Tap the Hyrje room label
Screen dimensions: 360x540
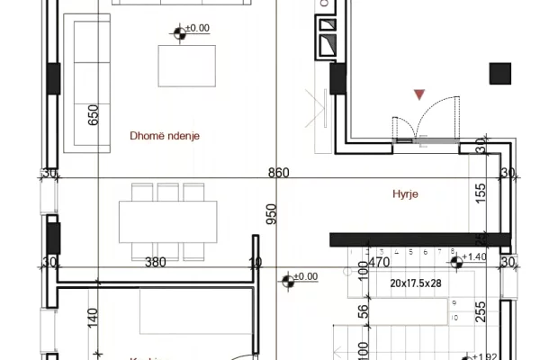[x=407, y=193]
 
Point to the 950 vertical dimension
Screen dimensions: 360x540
[x=271, y=215]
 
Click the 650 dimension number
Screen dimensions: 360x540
[x=94, y=116]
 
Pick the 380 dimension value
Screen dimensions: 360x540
[x=156, y=262]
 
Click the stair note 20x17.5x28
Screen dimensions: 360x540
[x=416, y=283]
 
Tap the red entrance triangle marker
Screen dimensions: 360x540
[x=418, y=94]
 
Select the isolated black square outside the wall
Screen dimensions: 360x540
[x=499, y=73]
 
